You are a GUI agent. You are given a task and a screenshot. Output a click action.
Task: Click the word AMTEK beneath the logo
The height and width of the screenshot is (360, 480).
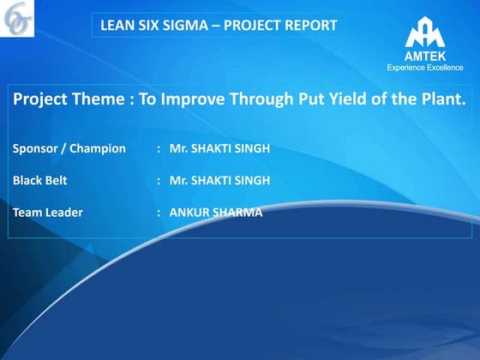[425, 57]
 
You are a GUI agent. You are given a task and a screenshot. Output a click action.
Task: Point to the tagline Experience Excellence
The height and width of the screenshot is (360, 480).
[425, 67]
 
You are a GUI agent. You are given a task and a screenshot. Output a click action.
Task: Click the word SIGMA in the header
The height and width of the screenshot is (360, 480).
[185, 26]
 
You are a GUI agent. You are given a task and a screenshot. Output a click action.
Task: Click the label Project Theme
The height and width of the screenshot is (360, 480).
[69, 99]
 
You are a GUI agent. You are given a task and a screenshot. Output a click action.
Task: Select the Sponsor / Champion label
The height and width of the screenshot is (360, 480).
[69, 149]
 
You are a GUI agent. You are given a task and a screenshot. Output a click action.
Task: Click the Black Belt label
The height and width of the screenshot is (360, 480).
[39, 181]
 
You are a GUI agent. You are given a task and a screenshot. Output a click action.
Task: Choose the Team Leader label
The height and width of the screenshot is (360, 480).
[48, 213]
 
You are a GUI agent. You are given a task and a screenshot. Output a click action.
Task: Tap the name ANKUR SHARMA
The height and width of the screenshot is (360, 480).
[216, 213]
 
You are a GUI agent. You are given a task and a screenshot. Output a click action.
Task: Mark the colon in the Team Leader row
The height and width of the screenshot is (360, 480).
[159, 213]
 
